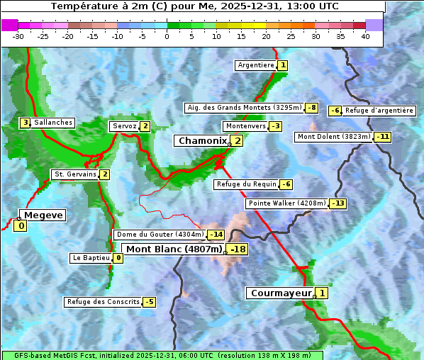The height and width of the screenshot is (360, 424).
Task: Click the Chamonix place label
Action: [202, 141]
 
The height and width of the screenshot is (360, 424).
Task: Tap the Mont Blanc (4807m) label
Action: [174, 249]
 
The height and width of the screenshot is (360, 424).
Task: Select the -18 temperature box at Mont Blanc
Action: [238, 249]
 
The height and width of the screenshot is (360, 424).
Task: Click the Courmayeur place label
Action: [281, 293]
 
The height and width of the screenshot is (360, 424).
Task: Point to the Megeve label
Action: [43, 215]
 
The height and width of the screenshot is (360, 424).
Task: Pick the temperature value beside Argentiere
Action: [283, 65]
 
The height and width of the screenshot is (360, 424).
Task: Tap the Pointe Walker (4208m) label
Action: [286, 203]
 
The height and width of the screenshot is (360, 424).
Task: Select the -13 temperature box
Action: [338, 203]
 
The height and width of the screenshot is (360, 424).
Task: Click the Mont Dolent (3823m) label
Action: [334, 137]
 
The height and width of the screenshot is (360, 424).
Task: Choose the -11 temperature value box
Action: [383, 137]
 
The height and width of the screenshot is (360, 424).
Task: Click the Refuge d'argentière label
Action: [379, 111]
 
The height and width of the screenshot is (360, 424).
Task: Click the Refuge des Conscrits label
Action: [103, 302]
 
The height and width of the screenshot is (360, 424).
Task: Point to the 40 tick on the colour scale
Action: [365, 36]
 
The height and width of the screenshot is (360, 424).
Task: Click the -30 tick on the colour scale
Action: [18, 36]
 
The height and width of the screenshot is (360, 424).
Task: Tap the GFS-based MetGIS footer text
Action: [162, 355]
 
